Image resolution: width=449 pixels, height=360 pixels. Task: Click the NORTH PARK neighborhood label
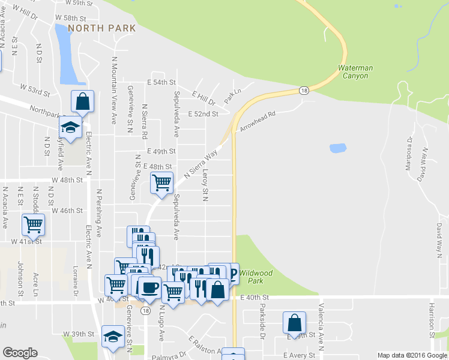101,28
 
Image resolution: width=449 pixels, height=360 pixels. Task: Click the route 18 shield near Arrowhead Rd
304,91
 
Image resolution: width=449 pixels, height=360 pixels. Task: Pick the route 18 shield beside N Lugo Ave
146,310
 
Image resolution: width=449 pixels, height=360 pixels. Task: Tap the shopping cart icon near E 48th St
161,183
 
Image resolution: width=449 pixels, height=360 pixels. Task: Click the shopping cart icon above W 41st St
33,225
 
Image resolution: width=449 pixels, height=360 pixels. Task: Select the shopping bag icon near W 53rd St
83,101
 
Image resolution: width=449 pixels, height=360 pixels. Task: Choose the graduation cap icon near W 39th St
112,337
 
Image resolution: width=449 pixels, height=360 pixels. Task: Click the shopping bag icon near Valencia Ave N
295,322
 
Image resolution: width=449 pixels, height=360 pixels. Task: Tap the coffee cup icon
149,287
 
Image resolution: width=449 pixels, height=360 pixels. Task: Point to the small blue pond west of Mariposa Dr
338,148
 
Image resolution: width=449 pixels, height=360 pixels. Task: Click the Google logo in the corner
20,353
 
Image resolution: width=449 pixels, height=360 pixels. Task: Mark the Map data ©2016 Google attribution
412,355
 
